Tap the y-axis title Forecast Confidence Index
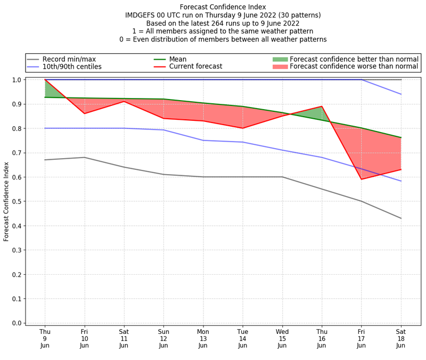7,201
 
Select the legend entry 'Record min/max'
69,59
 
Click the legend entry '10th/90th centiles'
72,67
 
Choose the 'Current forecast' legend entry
195,67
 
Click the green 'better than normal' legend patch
280,59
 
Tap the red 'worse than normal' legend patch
280,67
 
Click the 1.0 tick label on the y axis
17,80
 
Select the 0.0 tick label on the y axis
17,323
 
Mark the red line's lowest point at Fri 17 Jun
362,179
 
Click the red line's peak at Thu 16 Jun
322,107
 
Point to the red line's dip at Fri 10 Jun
84,113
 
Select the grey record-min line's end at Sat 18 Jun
401,218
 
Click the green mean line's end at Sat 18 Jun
401,137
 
